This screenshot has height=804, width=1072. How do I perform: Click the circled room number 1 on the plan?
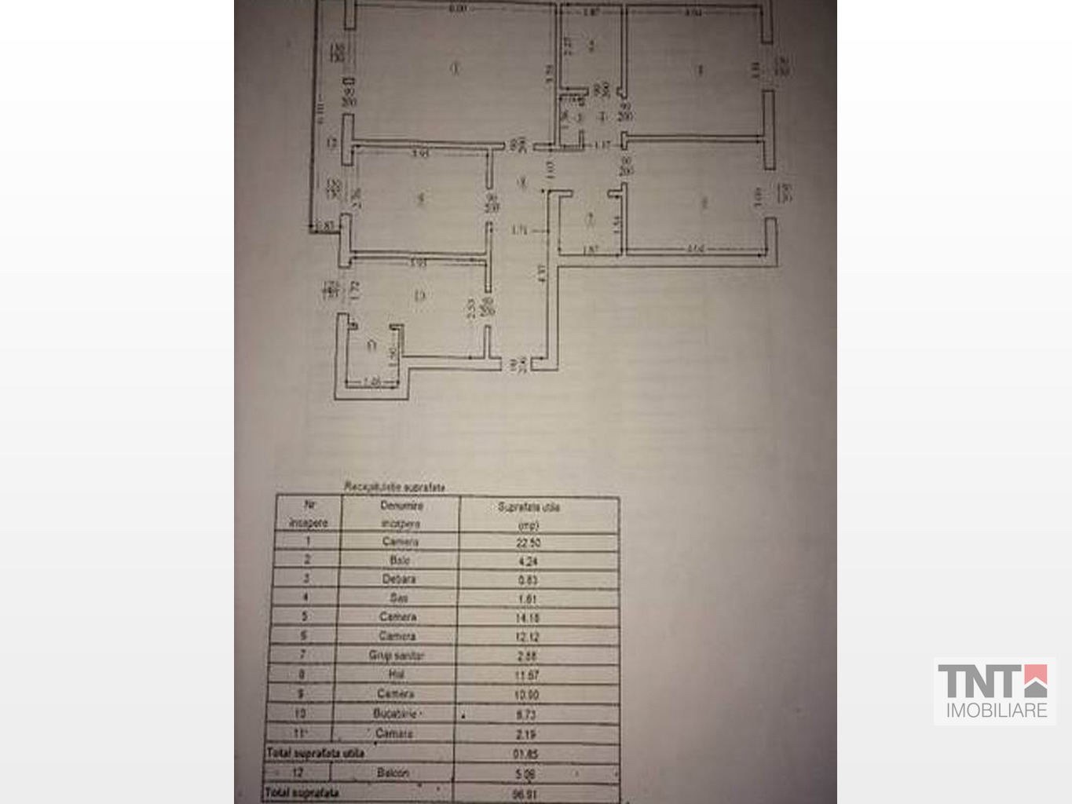(x=455, y=68)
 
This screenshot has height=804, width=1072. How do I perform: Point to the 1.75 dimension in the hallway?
(x=519, y=231)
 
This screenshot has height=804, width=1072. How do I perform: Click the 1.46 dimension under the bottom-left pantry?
(x=372, y=382)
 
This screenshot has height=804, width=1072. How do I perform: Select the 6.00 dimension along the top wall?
(x=458, y=9)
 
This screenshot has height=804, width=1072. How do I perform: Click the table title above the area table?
(x=395, y=487)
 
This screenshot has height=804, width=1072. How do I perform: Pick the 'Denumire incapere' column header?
(x=401, y=514)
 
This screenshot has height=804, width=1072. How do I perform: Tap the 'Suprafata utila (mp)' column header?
(x=529, y=515)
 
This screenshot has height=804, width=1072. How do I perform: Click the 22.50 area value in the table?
(x=529, y=543)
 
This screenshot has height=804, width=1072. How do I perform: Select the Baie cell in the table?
(x=399, y=560)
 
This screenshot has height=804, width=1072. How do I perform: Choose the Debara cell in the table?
(x=399, y=579)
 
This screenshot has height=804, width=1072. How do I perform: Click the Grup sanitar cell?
(x=397, y=655)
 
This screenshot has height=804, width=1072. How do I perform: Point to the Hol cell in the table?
(x=397, y=674)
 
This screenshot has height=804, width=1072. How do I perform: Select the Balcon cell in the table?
(x=393, y=773)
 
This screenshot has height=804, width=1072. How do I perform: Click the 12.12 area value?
(x=528, y=637)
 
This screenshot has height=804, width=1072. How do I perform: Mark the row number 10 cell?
(x=300, y=713)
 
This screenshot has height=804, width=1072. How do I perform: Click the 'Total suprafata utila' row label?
(x=315, y=753)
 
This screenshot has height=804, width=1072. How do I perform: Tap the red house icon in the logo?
(x=1035, y=681)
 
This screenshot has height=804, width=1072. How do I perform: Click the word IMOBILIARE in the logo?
(x=996, y=711)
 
